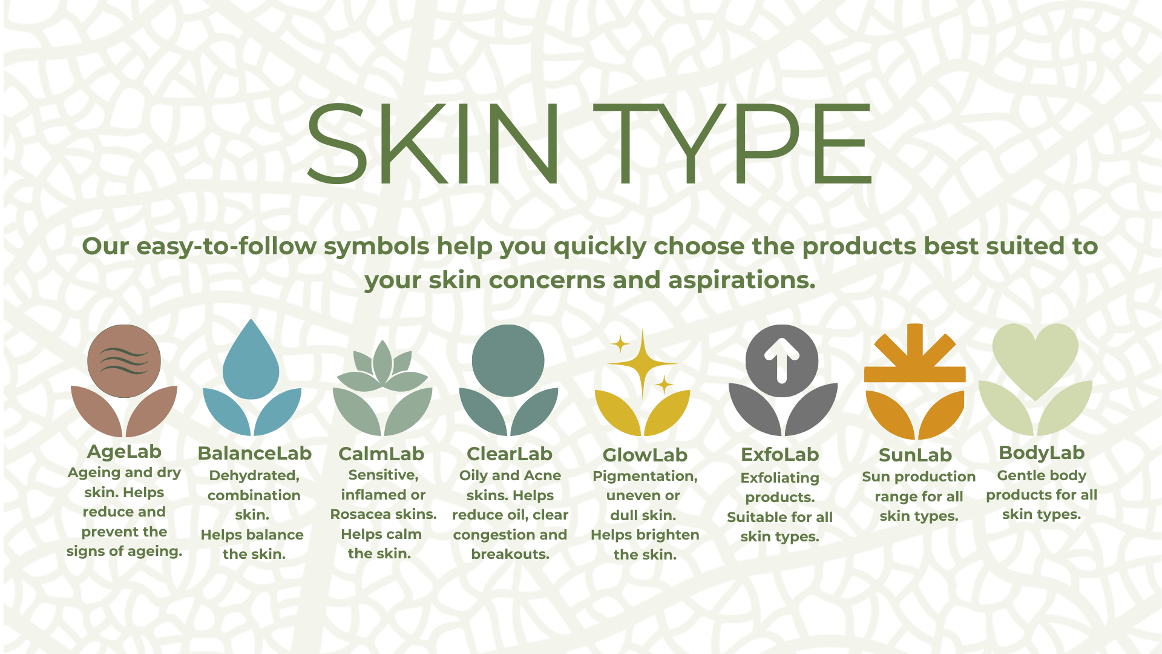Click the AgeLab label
(x=124, y=452)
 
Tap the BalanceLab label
(x=254, y=453)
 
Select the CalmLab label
(x=381, y=454)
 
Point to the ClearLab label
(x=510, y=454)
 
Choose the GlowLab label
(x=645, y=455)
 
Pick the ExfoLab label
(x=780, y=454)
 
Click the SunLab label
(x=915, y=455)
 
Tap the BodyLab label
(x=1042, y=453)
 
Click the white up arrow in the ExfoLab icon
(x=781, y=361)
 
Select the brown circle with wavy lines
(x=124, y=361)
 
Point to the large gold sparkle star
(x=642, y=363)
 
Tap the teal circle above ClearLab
(x=508, y=361)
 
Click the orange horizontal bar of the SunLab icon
(x=914, y=374)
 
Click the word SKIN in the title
(x=433, y=143)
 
